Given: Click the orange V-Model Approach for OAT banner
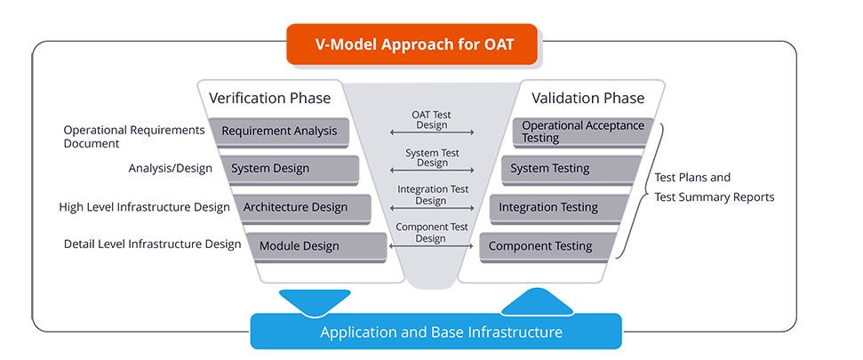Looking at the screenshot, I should tap(413, 44).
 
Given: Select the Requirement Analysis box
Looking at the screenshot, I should tap(280, 131).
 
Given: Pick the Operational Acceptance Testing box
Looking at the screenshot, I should tap(582, 132).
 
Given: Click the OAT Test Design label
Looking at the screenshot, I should tap(431, 119).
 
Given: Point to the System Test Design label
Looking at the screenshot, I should tap(431, 157).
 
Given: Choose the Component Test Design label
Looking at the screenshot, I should tap(431, 233).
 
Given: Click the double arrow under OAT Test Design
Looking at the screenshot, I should tap(431, 133).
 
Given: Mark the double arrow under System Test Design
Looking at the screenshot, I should tap(431, 171).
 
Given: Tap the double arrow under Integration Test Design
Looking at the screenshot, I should tap(431, 209).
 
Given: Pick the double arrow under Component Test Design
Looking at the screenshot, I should tap(431, 245).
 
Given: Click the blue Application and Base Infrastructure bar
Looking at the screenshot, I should tap(435, 332).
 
